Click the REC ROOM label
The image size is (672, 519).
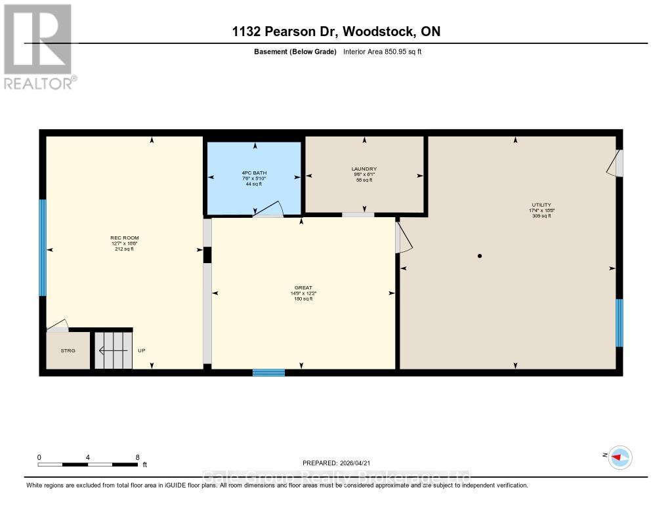coord(124,238)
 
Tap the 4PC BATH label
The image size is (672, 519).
coord(254,173)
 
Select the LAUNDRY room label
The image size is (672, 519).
coord(364,169)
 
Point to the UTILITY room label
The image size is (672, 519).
coord(541,205)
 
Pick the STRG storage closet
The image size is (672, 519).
coord(68,350)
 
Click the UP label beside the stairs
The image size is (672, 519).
coord(141,351)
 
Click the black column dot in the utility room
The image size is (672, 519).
coord(480,256)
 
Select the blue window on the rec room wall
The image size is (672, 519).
coord(43,247)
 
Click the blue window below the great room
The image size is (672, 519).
coord(268,373)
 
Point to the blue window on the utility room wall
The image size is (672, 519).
coord(619,322)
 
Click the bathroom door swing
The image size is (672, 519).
coord(269,209)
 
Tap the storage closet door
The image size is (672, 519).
coord(57,326)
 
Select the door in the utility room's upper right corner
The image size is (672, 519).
coord(615,163)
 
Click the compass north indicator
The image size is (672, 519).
coord(619,457)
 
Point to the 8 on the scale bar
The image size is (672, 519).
coord(137,457)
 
